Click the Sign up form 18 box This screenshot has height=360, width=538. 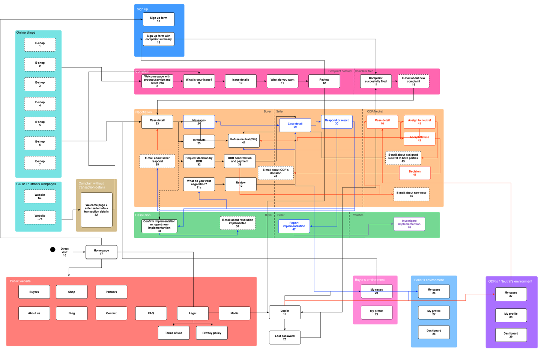pos(158,19)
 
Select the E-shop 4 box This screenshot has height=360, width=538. pos(40,104)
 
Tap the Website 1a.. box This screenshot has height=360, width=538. pos(40,196)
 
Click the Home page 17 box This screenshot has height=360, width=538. pos(101,252)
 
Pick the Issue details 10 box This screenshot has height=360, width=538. pos(240,81)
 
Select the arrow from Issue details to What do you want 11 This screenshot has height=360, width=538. pos(261,81)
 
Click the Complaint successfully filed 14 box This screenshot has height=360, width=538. pos(376,81)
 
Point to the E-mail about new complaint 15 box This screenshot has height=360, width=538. pos(413,81)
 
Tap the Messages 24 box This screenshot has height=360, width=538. pos(199,122)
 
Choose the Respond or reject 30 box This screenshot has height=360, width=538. pos(337,122)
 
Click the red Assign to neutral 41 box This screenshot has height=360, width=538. pos(419,122)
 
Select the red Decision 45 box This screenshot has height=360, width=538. pos(415,173)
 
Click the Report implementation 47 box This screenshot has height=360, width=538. pos(294,226)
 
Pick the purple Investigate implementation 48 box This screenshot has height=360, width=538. pos(409,224)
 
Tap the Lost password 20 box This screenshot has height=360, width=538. pos(285,337)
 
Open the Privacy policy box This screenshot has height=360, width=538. pos(212,333)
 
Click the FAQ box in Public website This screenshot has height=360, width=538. pos(151,313)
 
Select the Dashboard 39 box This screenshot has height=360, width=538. pos(511,335)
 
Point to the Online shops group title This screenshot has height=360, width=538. pos(26,33)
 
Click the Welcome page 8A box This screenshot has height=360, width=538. pos(96,210)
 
